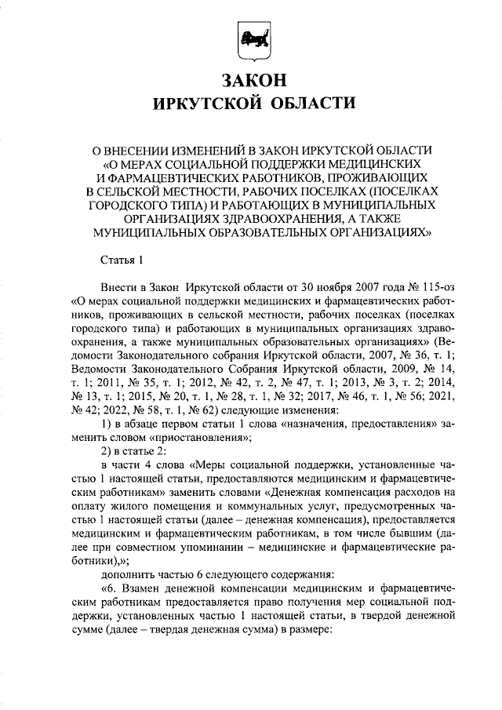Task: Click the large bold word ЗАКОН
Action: pos(251,81)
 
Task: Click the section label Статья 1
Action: pos(123,260)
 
